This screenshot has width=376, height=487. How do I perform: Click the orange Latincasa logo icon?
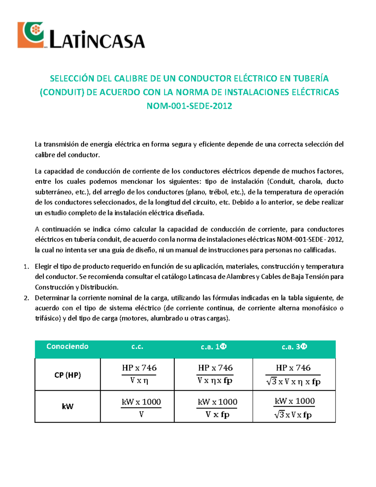pos(31,35)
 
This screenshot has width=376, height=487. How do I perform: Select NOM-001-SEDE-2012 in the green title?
pos(189,106)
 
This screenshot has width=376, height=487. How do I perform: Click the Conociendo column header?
pos(67,346)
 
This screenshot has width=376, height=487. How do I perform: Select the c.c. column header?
pos(137,347)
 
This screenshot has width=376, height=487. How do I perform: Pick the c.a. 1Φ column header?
pos(213,347)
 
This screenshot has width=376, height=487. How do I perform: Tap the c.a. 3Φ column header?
pos(294,347)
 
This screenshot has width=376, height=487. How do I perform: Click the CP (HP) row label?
pos(67,375)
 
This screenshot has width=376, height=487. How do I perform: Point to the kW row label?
pos(67,406)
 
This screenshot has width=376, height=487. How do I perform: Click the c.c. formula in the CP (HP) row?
pos(139,374)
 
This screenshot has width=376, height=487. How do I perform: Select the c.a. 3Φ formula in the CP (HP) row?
pos(293,375)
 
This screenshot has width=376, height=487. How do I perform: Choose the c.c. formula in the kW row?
pos(141,407)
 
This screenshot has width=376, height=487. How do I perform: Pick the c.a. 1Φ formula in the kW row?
pos(217,408)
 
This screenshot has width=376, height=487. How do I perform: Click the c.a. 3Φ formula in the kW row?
pos(294,407)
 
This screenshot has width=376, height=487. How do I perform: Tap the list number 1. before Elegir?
pos(26,267)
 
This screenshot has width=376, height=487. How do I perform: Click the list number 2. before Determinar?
pos(26,298)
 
